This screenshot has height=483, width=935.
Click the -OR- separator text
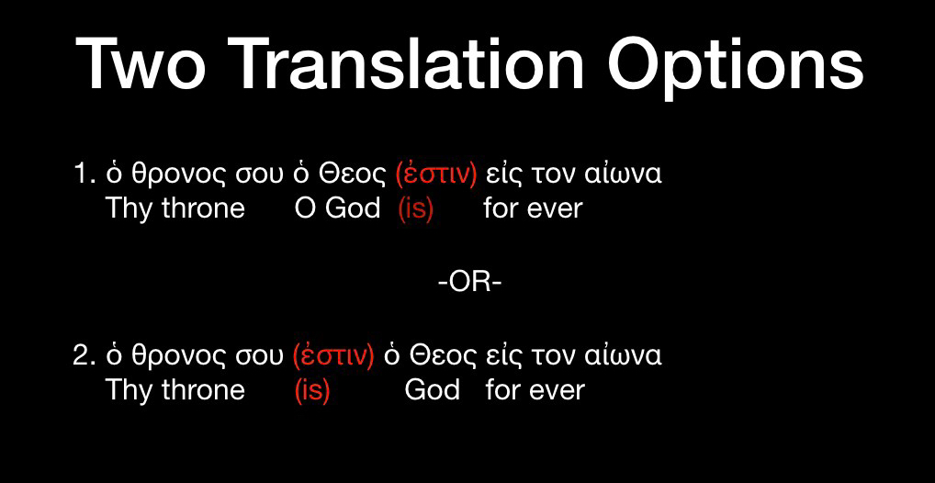click(x=469, y=282)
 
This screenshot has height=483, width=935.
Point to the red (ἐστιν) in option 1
click(x=434, y=174)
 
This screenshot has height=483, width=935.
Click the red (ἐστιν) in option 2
click(x=332, y=355)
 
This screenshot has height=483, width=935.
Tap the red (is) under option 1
click(x=415, y=208)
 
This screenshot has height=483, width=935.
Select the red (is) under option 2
click(x=312, y=390)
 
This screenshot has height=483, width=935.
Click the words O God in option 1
click(x=337, y=208)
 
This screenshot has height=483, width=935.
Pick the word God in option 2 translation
click(x=432, y=390)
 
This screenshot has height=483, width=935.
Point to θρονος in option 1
click(x=170, y=174)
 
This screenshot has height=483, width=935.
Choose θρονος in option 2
click(x=170, y=356)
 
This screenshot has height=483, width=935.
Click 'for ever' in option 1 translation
click(x=533, y=208)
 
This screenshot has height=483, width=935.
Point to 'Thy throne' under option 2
click(x=175, y=390)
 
